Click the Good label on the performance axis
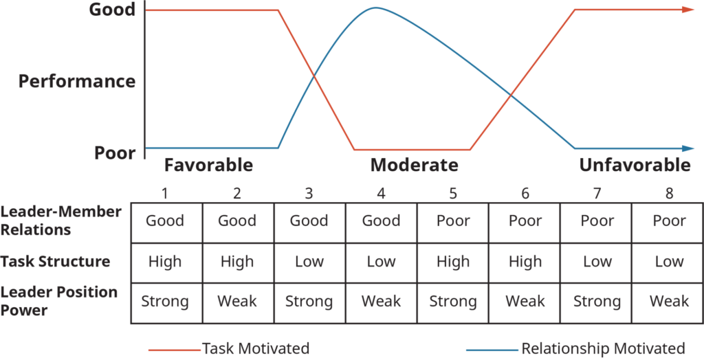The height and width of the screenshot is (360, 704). click(x=111, y=10)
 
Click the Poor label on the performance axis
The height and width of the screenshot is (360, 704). click(x=115, y=152)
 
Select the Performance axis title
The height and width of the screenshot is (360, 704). click(x=77, y=81)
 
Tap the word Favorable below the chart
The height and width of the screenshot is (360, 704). click(x=208, y=166)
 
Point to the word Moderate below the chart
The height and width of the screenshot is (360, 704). click(x=414, y=166)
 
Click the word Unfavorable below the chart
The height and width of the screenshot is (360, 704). click(x=634, y=166)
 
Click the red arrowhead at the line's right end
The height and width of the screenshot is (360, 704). click(x=690, y=10)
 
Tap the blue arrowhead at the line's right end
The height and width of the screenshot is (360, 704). click(x=690, y=148)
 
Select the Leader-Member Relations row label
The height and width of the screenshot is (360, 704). click(x=60, y=221)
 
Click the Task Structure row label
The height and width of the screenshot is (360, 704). click(x=55, y=262)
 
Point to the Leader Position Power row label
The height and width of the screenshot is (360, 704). click(x=59, y=301)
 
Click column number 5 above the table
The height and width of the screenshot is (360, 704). click(x=452, y=194)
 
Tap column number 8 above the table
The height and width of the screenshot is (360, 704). click(x=669, y=194)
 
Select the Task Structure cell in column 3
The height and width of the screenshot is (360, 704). click(x=309, y=262)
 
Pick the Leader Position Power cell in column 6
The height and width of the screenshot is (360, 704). click(x=525, y=302)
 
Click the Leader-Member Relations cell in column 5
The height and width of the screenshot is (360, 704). click(x=453, y=221)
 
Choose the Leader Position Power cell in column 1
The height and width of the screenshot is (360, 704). click(x=165, y=302)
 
